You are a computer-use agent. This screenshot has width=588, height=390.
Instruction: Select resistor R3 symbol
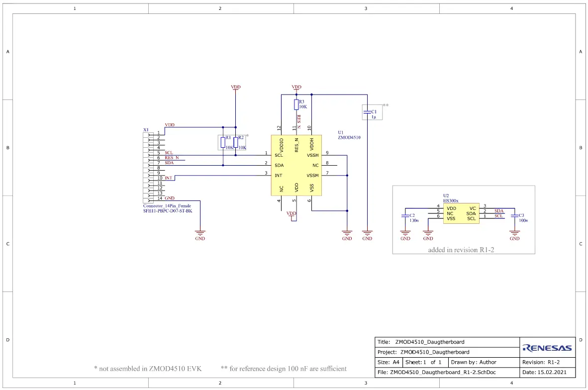tap(296, 104)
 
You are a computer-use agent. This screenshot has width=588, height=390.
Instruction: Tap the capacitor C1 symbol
tap(367, 112)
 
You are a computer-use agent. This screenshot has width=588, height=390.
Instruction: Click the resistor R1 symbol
tap(223, 142)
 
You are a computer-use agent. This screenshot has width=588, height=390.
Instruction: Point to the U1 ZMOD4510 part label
tap(349, 135)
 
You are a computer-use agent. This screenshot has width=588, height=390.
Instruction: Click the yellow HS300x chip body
tap(461, 213)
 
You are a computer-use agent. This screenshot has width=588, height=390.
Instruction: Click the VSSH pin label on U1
tap(312, 155)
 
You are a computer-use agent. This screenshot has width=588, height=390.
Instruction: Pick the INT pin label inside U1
tap(279, 175)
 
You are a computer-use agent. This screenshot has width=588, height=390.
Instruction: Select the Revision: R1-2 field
tap(547, 362)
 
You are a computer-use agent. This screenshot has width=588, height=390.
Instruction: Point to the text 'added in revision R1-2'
tap(461, 250)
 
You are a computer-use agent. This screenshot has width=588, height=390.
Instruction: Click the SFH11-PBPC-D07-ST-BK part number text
tap(168, 211)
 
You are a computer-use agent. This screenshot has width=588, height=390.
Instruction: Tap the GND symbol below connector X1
tap(200, 234)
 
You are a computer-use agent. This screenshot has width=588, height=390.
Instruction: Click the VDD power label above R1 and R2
tap(236, 88)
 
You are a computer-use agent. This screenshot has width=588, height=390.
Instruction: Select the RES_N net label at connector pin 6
tap(172, 158)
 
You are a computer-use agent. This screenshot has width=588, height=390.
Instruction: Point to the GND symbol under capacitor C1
tap(367, 234)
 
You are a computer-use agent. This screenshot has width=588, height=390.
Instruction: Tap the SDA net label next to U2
tap(499, 211)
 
